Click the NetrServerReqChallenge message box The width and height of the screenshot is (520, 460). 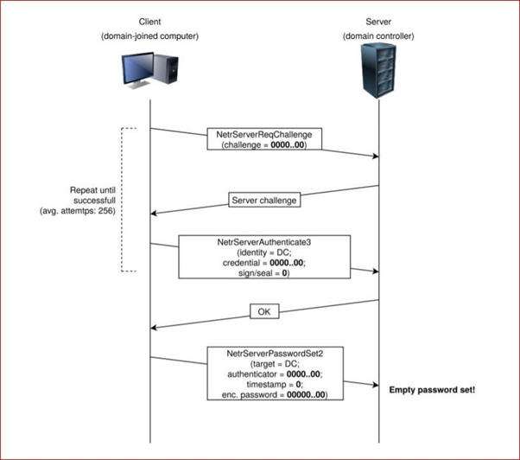(x=264, y=139)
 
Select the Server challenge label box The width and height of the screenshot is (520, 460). (x=264, y=201)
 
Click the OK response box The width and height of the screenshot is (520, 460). (x=264, y=310)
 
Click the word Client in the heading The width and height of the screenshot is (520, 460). (x=149, y=21)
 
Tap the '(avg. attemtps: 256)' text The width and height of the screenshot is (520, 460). (x=81, y=210)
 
